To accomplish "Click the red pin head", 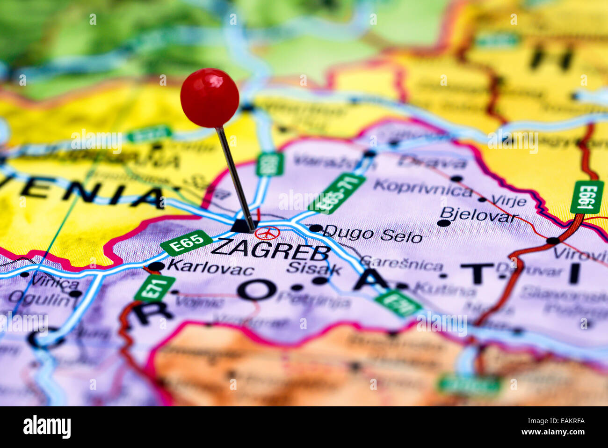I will pos(210,98).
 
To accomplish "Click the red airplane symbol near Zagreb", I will pos(268,233).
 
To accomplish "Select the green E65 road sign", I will pos(186,242).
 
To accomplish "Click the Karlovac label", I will pos(210,268).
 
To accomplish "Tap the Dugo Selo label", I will pos(373,234).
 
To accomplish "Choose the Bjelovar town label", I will pos(479,215).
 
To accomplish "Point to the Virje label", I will pos(509,200).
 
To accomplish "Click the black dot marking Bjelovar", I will pos(443,223).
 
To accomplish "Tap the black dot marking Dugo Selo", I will pos(316,228).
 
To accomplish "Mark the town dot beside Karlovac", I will pos(157,266).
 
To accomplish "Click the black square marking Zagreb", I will pos(242,226).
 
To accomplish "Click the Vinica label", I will pos(55,282).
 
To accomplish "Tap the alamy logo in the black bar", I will pos(47,427).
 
